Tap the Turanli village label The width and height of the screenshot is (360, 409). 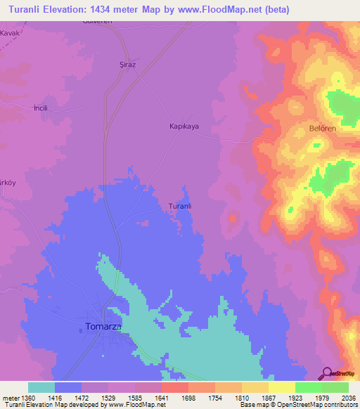click(180, 206)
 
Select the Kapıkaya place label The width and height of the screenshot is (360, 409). click(184, 126)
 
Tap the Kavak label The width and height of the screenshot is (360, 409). click(11, 33)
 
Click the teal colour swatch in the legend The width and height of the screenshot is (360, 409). click(41, 387)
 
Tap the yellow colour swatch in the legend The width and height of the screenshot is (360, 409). click(281, 387)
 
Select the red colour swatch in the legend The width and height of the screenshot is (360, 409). click(174, 387)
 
